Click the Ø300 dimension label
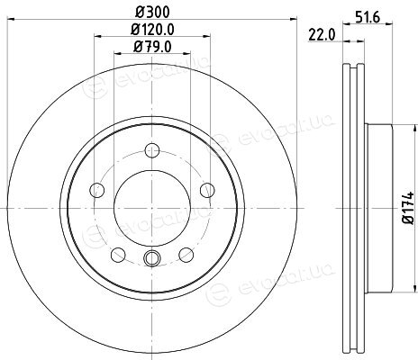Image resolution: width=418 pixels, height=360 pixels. coord(152,12)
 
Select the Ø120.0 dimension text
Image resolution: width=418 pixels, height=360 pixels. coord(152,30)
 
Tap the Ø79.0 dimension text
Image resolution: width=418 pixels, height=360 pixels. coord(152,47)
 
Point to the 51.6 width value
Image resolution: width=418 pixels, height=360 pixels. coord(368,18)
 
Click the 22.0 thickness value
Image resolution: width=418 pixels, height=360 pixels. coord(322,35)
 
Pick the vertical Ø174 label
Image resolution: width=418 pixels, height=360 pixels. coord(409,208)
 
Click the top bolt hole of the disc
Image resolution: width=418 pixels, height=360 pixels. coord(152,150)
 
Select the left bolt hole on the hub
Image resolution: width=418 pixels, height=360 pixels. coord(97,190)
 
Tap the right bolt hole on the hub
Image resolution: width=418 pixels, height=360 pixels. coord(207,190)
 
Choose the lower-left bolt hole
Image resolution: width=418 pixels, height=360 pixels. coord(118,255)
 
